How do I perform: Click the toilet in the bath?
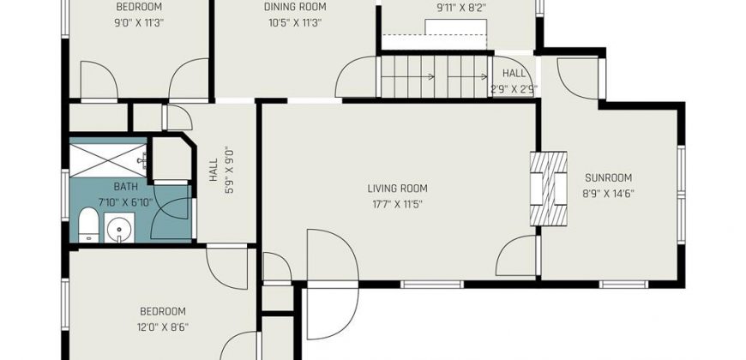coord(88,225)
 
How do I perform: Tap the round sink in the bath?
coord(119,229)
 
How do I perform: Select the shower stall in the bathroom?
coord(108,160)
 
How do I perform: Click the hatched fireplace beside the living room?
coord(549,189)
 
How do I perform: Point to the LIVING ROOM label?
coord(397,189)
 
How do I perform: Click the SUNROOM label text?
coord(609,178)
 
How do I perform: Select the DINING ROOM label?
coord(295,7)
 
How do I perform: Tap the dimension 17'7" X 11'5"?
coord(397,205)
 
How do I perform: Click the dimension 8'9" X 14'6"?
coord(609,194)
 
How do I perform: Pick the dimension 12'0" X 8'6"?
coord(162,327)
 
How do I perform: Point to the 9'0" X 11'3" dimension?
coord(140,23)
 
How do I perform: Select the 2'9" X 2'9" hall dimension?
coord(514,88)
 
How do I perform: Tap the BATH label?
coord(125,186)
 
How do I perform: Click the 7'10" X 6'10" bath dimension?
coord(125,202)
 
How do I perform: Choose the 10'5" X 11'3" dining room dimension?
coord(295,23)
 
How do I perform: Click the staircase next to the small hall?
coord(434,76)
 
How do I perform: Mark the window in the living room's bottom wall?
coord(431,285)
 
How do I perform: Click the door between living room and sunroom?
coord(517,255)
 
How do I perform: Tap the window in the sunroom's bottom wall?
coord(623,285)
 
